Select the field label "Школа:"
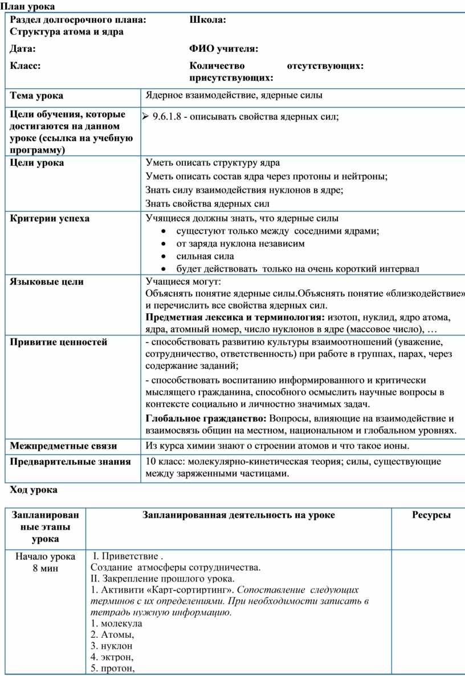[207, 20]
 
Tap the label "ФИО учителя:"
[223, 48]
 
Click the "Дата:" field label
[23, 48]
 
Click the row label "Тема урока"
[36, 95]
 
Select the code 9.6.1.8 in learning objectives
[168, 117]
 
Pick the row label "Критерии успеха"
[50, 218]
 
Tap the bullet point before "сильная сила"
[164, 256]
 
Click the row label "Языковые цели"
[47, 281]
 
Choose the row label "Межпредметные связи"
[63, 445]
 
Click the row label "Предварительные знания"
[70, 461]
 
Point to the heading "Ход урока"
[34, 489]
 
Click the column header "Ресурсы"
[431, 515]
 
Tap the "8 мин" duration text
[45, 567]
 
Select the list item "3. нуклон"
[112, 646]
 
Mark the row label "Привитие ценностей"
[59, 342]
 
